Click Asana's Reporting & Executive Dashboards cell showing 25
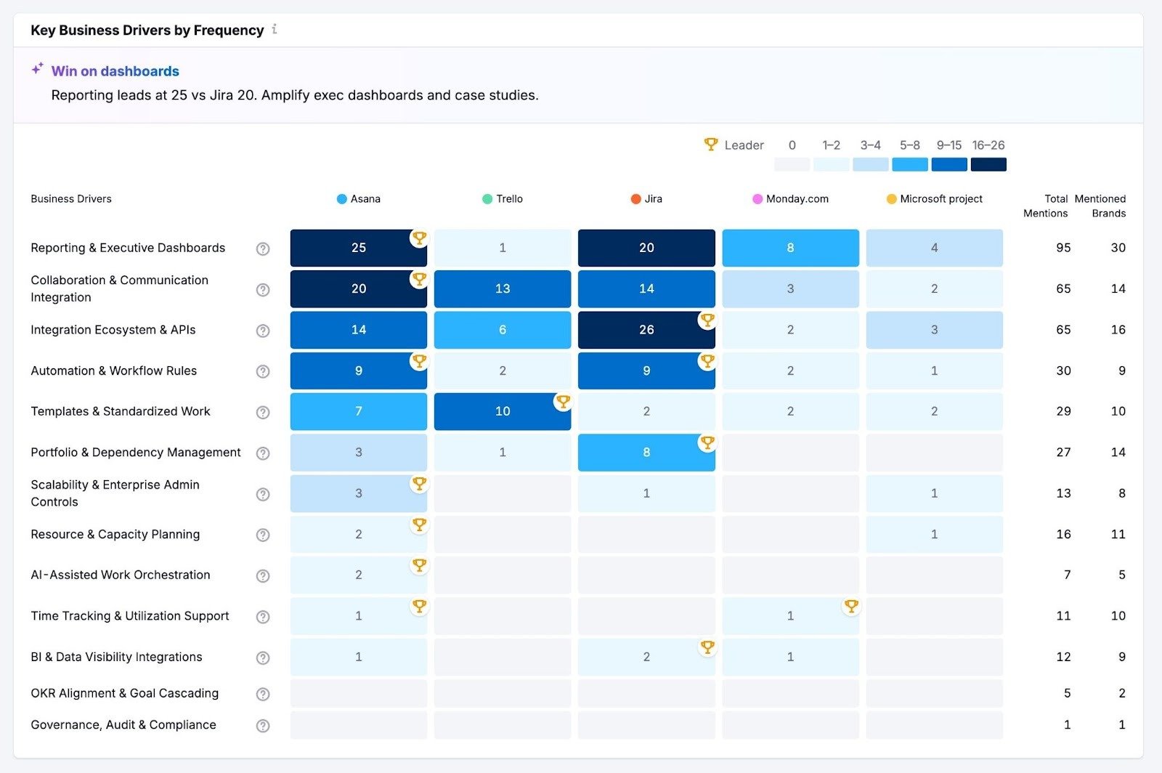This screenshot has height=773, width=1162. [358, 248]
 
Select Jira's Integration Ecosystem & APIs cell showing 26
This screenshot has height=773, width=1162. [646, 330]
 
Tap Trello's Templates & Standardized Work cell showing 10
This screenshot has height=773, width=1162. [502, 411]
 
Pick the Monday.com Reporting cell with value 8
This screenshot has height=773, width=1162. [790, 248]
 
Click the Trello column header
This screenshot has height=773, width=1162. [508, 199]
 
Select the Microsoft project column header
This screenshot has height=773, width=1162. [940, 199]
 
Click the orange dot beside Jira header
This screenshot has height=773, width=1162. [635, 199]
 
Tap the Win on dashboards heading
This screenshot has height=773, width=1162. [115, 71]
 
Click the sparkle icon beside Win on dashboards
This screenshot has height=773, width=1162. [37, 69]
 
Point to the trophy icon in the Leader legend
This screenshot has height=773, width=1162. [711, 145]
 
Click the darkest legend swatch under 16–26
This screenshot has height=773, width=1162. [988, 165]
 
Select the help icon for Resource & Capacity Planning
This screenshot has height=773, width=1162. [263, 535]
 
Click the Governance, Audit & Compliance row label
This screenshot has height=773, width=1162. [123, 725]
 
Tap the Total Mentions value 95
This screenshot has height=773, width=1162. [1063, 248]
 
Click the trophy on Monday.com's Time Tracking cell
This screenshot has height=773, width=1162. [851, 606]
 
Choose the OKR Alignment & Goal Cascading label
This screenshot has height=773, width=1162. [124, 693]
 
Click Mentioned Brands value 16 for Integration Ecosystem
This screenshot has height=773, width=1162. [1118, 330]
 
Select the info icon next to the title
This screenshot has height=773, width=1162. [275, 30]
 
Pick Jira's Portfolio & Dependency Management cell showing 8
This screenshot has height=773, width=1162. [646, 453]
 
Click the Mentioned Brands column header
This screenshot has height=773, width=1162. [1100, 206]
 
